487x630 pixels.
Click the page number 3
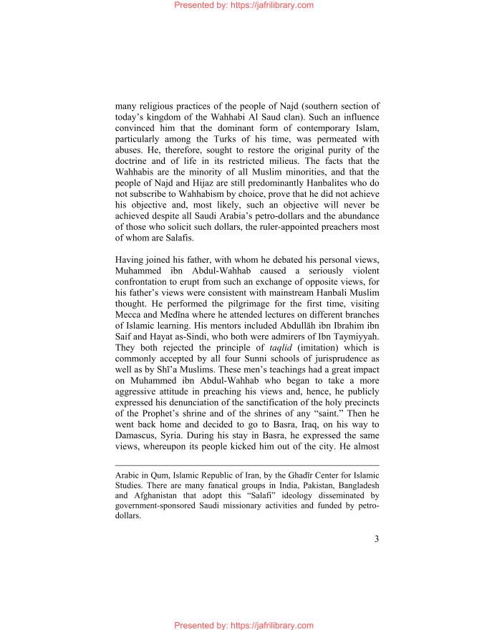pyautogui.click(x=376, y=559)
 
